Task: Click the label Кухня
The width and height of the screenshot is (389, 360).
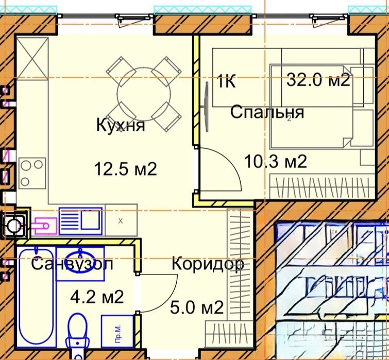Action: coord(120,125)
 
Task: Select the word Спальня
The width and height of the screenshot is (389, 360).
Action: coord(266,112)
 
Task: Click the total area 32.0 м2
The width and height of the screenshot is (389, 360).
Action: coord(318,80)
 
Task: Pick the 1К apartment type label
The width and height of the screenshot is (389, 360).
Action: coord(226,82)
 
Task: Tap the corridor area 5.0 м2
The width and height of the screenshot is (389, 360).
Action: coord(197,308)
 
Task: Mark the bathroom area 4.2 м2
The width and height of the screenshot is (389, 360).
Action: coord(97,297)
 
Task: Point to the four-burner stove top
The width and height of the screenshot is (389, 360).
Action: coord(32,172)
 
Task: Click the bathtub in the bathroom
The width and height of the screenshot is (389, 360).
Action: coord(36,301)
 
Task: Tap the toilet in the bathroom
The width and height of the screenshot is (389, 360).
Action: coord(79,332)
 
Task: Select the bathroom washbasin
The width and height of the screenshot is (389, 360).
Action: coord(81,261)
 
